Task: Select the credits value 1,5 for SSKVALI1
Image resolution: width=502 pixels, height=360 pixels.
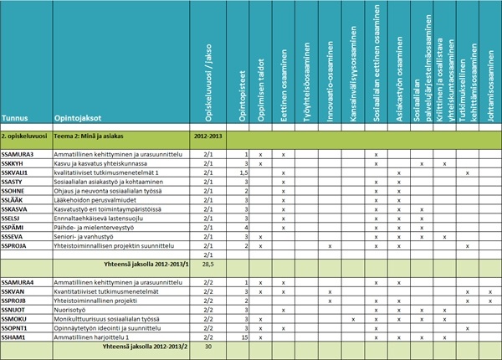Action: (x=243, y=172)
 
